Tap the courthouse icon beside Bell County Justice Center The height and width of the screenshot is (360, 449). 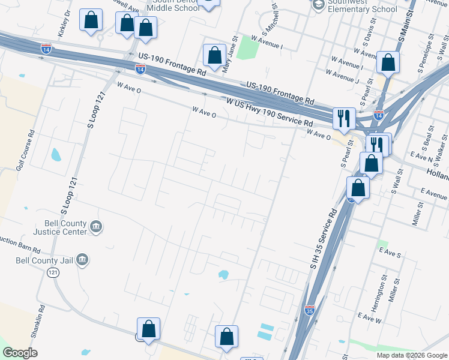coord(96,227)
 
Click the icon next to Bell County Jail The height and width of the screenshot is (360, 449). coord(83,260)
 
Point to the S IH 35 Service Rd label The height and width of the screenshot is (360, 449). coord(321,239)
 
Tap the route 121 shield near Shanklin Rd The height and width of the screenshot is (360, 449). coord(53,272)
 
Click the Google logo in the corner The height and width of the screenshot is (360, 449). coord(20,353)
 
